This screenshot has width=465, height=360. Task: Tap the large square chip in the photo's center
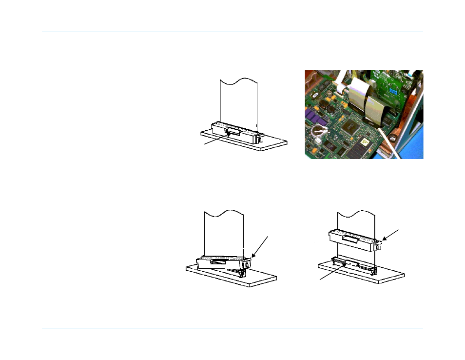(351, 126)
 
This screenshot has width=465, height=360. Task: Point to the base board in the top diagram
(273, 144)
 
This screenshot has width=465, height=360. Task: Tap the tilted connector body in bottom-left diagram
(222, 262)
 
